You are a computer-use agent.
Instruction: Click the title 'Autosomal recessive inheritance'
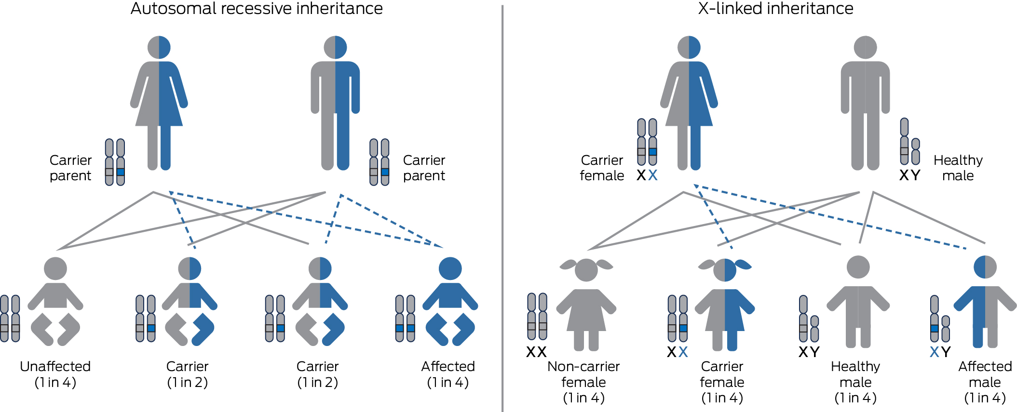click(257, 9)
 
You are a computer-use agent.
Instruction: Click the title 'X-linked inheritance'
click(775, 9)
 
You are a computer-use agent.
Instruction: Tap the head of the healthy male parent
click(865, 47)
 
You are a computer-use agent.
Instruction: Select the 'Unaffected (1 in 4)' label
click(55, 374)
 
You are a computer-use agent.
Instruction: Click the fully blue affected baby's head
click(450, 268)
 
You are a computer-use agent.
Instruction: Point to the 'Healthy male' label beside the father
click(958, 168)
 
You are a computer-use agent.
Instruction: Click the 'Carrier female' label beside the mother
click(602, 168)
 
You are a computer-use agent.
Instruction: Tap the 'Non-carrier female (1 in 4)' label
click(583, 382)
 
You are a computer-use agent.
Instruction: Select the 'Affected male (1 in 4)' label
click(985, 382)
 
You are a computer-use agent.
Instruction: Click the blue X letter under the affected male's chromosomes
click(934, 352)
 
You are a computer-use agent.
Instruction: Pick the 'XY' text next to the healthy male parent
click(909, 175)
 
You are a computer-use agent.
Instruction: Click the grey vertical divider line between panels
click(502, 207)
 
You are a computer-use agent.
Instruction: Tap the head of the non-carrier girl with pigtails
click(586, 270)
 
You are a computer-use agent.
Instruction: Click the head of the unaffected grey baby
click(55, 268)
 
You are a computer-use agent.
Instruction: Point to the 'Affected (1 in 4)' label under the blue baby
click(448, 374)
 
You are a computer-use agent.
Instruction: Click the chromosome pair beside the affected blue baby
click(405, 319)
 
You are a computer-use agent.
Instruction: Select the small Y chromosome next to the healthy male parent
click(915, 151)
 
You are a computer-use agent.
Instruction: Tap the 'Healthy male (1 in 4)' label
click(855, 382)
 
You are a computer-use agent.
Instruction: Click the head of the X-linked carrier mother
click(689, 47)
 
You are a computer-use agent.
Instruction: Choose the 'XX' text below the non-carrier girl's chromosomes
click(536, 352)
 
